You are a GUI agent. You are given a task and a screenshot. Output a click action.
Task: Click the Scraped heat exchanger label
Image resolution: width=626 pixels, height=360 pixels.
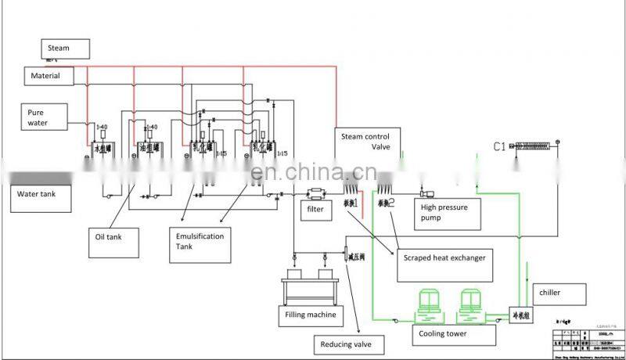tap(444, 257)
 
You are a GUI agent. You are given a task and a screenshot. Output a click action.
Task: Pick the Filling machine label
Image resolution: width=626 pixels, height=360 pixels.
tap(311, 315)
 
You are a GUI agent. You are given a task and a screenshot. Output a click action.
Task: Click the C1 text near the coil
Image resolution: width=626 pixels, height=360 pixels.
tap(502, 146)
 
